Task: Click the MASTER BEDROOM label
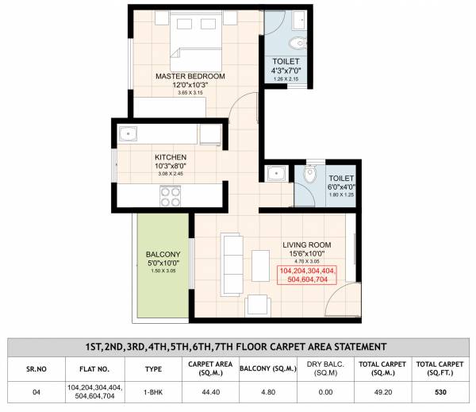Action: coord(190,76)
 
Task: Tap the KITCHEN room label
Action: coord(171,157)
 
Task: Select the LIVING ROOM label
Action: coord(306,245)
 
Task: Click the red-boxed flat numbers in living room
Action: coord(306,275)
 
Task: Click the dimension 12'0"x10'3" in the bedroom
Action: coord(190,86)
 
